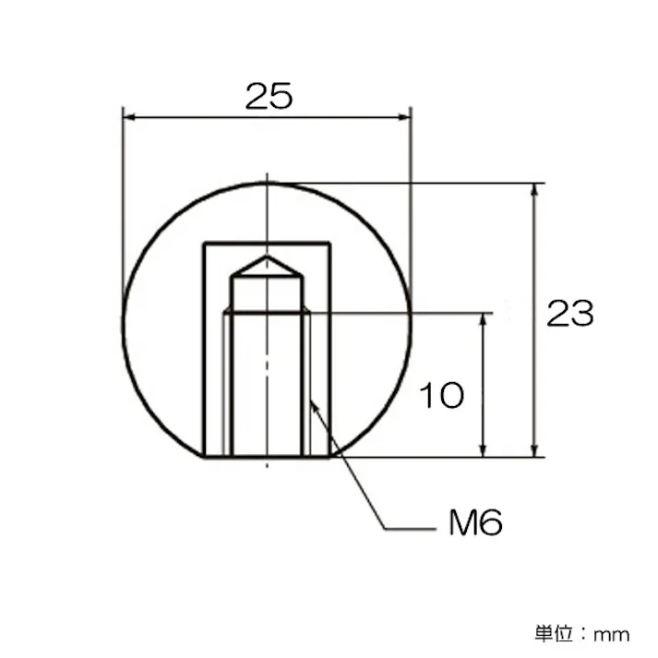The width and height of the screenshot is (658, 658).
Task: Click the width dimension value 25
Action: coord(269,96)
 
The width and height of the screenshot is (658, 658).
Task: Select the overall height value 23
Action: coord(569,315)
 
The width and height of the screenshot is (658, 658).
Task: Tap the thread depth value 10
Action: coord(441,396)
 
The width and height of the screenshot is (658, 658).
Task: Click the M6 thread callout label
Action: coord(475,524)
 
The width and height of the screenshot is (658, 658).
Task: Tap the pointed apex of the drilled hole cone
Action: coord(267,257)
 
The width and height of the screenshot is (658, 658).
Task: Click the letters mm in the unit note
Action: coord(611,634)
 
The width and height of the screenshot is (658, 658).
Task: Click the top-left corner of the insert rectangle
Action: coord(204,243)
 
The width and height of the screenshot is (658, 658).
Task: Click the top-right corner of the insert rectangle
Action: coord(329,243)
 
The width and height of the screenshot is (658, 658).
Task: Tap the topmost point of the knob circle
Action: coord(267,183)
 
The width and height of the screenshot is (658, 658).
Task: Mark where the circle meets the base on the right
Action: coord(330,456)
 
